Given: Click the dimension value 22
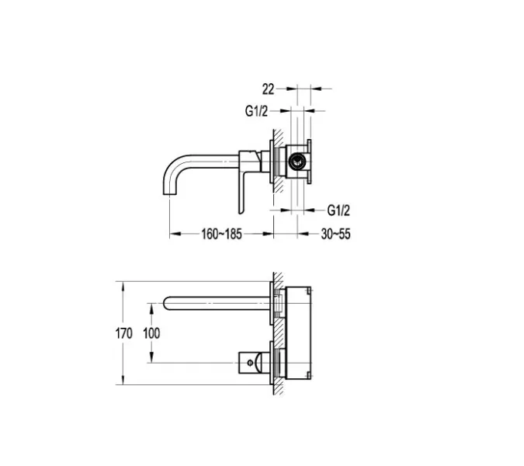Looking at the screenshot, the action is tap(268, 89).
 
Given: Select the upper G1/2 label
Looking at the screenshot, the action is tap(257, 111).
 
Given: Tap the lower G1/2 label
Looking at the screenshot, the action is tap(338, 210).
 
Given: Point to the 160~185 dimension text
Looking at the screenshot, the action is tap(221, 234).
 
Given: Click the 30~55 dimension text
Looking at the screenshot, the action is tap(336, 234).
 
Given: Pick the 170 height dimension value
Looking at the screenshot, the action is tap(124, 333).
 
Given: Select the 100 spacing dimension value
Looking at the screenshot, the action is tap(151, 333).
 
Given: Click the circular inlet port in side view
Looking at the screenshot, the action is tap(297, 162).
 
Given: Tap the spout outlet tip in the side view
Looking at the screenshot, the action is tap(169, 193).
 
